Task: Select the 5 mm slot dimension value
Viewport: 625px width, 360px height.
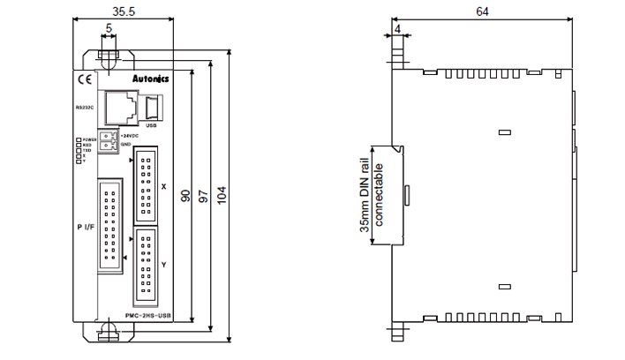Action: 109,29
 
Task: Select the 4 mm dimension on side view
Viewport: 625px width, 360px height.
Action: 399,29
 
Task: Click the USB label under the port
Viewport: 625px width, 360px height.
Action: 151,126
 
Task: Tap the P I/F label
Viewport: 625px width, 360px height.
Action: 86,228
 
